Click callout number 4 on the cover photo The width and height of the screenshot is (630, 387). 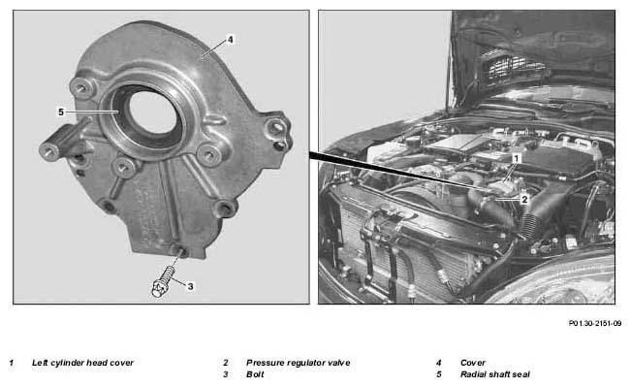click(x=231, y=40)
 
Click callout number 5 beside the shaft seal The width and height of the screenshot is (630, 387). click(x=61, y=113)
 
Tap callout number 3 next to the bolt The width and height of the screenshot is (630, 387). click(x=190, y=286)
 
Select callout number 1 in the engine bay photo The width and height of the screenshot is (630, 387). click(x=517, y=158)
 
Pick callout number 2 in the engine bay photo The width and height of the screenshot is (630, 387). click(x=524, y=199)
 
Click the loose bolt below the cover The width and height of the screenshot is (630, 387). click(x=164, y=281)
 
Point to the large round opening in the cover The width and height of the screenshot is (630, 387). click(x=153, y=113)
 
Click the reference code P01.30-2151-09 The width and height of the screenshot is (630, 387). click(x=595, y=323)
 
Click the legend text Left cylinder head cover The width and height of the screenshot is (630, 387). click(x=82, y=363)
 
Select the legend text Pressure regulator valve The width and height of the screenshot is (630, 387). click(x=299, y=363)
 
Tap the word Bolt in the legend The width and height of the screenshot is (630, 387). click(x=255, y=374)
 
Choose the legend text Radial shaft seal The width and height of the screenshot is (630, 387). click(x=495, y=374)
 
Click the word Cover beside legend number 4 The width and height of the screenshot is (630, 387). click(x=473, y=363)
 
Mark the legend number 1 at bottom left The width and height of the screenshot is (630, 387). click(x=12, y=363)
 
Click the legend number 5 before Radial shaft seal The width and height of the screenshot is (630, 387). click(x=439, y=374)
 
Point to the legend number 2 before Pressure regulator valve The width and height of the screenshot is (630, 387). click(x=226, y=363)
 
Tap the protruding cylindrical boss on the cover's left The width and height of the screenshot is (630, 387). click(x=60, y=141)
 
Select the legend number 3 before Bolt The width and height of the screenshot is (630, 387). click(x=226, y=374)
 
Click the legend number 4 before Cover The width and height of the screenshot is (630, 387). click(x=439, y=363)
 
